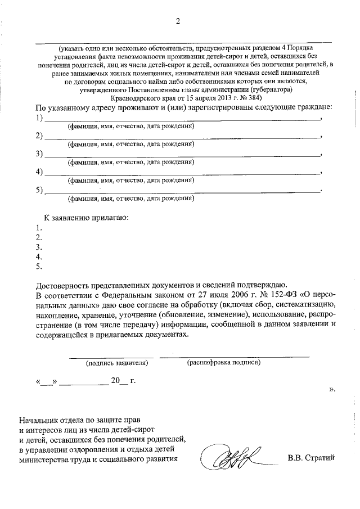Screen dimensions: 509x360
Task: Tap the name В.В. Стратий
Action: (x=311, y=457)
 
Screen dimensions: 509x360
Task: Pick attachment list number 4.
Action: (x=38, y=256)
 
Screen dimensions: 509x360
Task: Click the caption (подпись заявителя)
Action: (x=116, y=363)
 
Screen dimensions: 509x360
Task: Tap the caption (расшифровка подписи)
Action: (x=223, y=363)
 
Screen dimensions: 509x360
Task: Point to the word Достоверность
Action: (x=63, y=284)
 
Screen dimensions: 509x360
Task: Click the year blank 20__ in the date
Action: (x=119, y=380)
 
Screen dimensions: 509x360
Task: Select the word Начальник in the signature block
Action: (x=39, y=419)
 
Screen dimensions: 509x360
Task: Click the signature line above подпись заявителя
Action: (x=111, y=356)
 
